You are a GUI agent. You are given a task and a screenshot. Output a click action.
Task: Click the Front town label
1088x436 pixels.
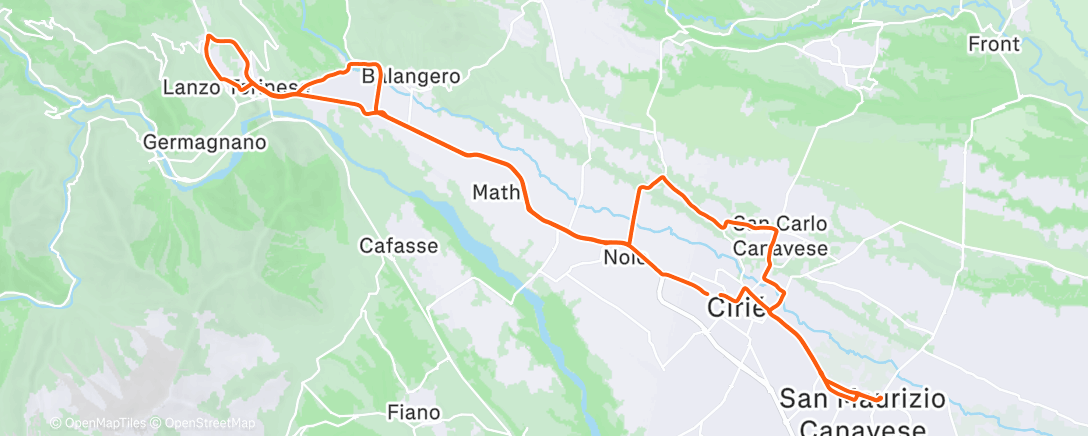pos(994,44)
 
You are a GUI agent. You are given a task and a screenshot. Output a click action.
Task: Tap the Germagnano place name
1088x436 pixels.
pos(205,142)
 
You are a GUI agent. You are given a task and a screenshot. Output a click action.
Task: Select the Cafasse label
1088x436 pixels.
pos(399,244)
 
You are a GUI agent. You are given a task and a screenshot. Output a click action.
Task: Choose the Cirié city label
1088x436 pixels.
pos(737,308)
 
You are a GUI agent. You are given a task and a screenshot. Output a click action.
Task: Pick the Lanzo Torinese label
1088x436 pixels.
pos(227,88)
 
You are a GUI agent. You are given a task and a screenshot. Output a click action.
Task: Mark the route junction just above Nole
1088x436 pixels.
pos(627,243)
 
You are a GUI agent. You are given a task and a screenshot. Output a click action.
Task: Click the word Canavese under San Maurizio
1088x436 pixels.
pos(865,427)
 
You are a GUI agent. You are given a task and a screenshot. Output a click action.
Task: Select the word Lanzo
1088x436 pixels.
pos(191,88)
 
